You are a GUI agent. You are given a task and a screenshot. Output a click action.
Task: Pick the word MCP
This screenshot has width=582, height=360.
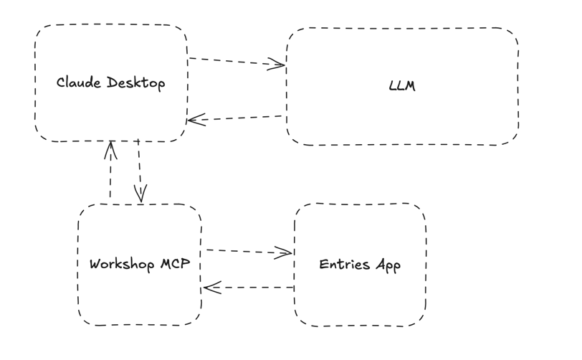pos(175,263)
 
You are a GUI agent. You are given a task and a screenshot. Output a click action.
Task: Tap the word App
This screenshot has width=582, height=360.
pos(388,265)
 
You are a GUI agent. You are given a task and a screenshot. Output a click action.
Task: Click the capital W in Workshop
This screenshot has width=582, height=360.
pos(95,263)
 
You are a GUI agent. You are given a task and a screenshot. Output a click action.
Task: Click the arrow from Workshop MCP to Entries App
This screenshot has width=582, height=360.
pos(248,251)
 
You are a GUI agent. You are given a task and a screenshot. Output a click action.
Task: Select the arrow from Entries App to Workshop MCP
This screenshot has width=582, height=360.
pos(248,288)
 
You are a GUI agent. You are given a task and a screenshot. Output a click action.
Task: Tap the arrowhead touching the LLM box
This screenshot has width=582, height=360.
pos(278,66)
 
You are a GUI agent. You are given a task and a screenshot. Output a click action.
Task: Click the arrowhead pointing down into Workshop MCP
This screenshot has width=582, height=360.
pos(140,194)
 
